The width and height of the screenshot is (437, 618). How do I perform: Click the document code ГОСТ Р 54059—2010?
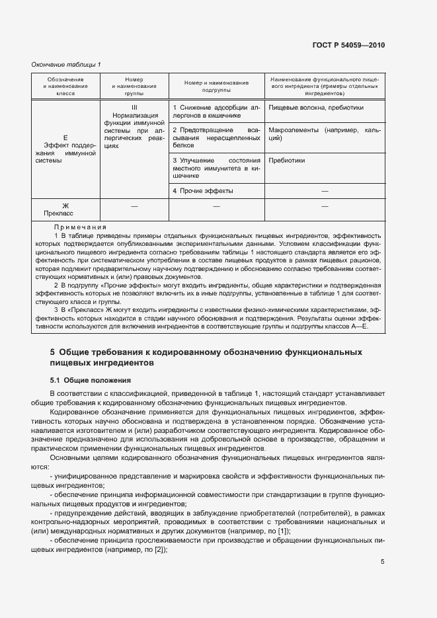tap(348, 46)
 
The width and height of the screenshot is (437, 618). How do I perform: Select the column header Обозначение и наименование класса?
tap(65, 87)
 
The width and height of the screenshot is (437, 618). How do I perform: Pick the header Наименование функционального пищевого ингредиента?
tap(324, 87)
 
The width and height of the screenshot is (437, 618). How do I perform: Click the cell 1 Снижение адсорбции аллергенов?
tap(216, 111)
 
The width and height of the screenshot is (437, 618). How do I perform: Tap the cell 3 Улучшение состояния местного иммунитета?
tap(216, 169)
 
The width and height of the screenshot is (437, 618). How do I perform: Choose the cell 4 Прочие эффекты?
tap(203, 191)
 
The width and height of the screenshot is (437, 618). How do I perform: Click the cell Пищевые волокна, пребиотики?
tap(306, 107)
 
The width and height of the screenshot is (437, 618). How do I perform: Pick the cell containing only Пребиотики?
tap(287, 160)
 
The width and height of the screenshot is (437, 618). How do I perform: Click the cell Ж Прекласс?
tap(65, 210)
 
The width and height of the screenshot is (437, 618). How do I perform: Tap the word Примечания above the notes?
tap(78, 227)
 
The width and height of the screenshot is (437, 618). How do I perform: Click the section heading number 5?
tap(53, 353)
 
